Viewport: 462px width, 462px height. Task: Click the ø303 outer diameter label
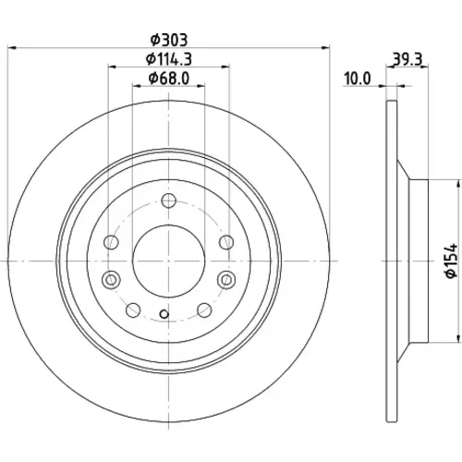coord(169,40)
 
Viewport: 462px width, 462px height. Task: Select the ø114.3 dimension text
coord(169,59)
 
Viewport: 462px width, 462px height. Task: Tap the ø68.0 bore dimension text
coord(169,79)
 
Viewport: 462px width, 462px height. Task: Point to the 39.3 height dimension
coord(407,59)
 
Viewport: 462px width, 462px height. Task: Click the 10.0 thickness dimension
coord(358,79)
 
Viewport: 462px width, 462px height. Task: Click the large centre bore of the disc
coord(168,261)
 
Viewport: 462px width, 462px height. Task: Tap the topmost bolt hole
coord(168,201)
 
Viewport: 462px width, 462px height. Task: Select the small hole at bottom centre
coord(164,314)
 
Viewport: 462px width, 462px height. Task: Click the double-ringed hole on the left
coord(111,280)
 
